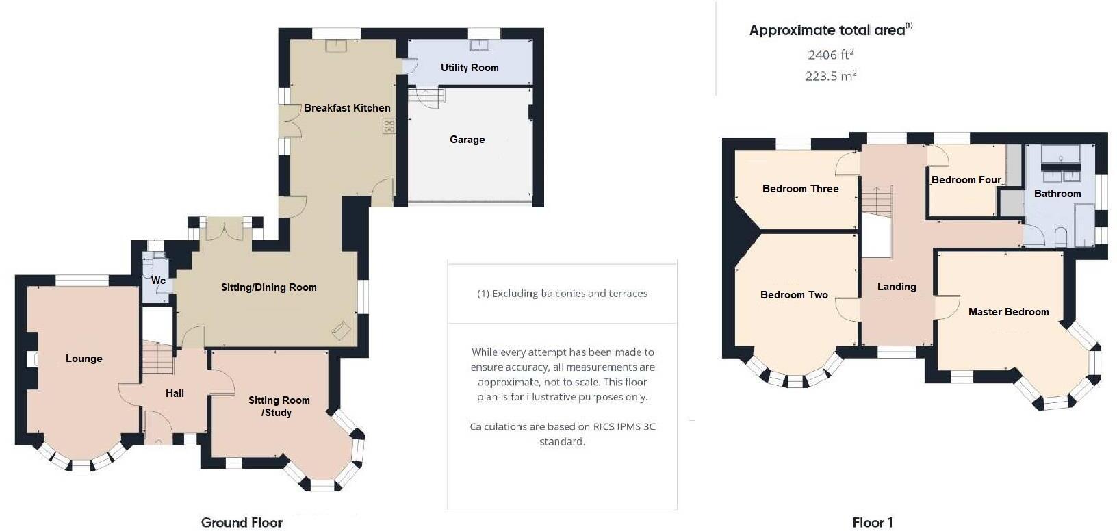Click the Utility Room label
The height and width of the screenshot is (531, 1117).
pos(470,68)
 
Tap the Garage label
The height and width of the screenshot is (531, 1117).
pos(467,140)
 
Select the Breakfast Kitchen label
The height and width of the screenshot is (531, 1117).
pos(347,108)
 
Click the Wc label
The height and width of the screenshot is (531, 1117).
pos(158,281)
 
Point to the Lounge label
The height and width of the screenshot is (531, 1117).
pos(84,359)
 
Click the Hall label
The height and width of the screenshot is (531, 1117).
pos(175,393)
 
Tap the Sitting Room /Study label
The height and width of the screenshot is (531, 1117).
pos(279,406)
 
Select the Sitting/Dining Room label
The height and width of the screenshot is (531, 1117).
pos(268,287)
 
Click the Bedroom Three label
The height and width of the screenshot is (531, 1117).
pos(800,189)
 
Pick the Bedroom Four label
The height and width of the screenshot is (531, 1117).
pos(966,180)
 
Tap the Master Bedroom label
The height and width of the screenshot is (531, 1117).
pos(1008,312)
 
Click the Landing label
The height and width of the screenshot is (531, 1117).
pos(896,287)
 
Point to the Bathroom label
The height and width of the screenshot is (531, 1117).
pos(1057,194)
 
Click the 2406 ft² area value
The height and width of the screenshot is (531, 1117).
pos(830,55)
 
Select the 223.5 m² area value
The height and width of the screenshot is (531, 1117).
pos(830,76)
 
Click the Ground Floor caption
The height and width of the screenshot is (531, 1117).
pos(242,523)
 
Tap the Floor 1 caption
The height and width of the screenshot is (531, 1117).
pos(872,523)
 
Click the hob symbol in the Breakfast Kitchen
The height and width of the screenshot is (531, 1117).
pos(389,126)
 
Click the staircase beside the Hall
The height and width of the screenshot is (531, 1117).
pos(157,358)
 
